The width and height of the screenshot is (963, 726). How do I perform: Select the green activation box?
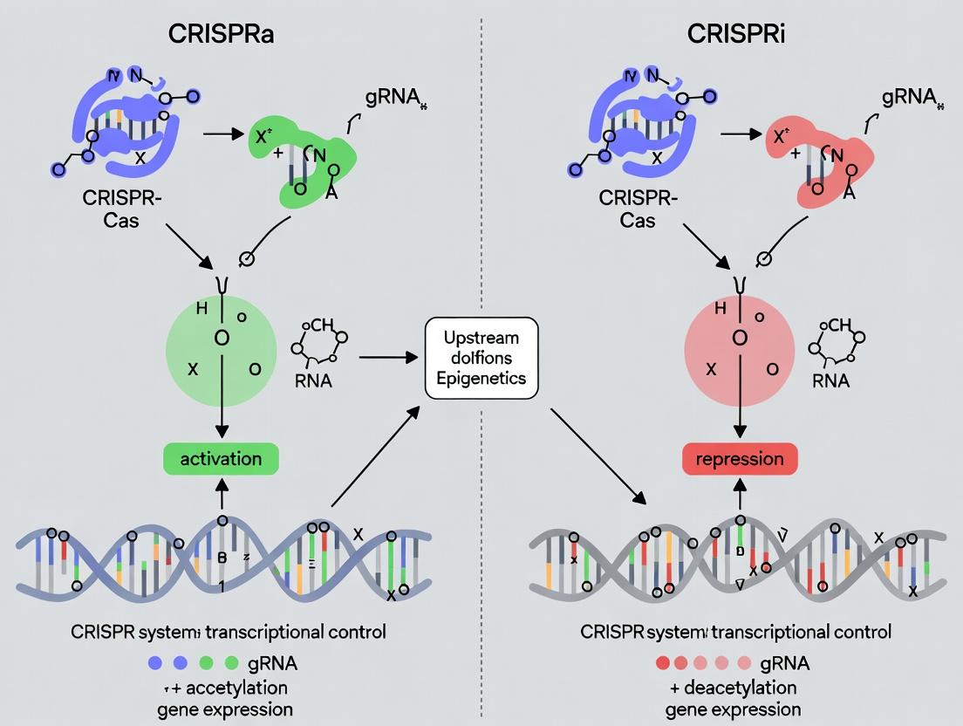coord(222,459)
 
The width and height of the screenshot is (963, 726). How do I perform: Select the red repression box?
coord(741,459)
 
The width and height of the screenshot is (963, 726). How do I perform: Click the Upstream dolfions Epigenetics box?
coord(481,358)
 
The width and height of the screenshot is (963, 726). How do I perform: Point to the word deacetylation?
coord(741,688)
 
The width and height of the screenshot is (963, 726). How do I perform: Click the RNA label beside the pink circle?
coord(830,381)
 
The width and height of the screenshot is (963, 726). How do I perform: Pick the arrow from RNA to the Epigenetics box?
coord(388,357)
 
